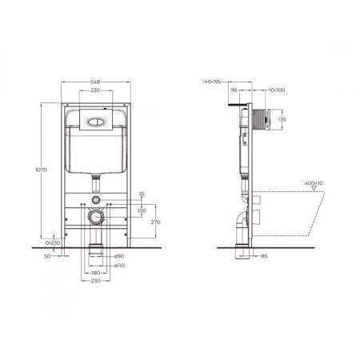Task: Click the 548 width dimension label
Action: [x=94, y=81]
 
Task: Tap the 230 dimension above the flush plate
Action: [x=94, y=90]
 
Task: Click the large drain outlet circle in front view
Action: [x=94, y=216]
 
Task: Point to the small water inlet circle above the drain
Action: [x=94, y=199]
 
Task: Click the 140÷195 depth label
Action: [x=214, y=82]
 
